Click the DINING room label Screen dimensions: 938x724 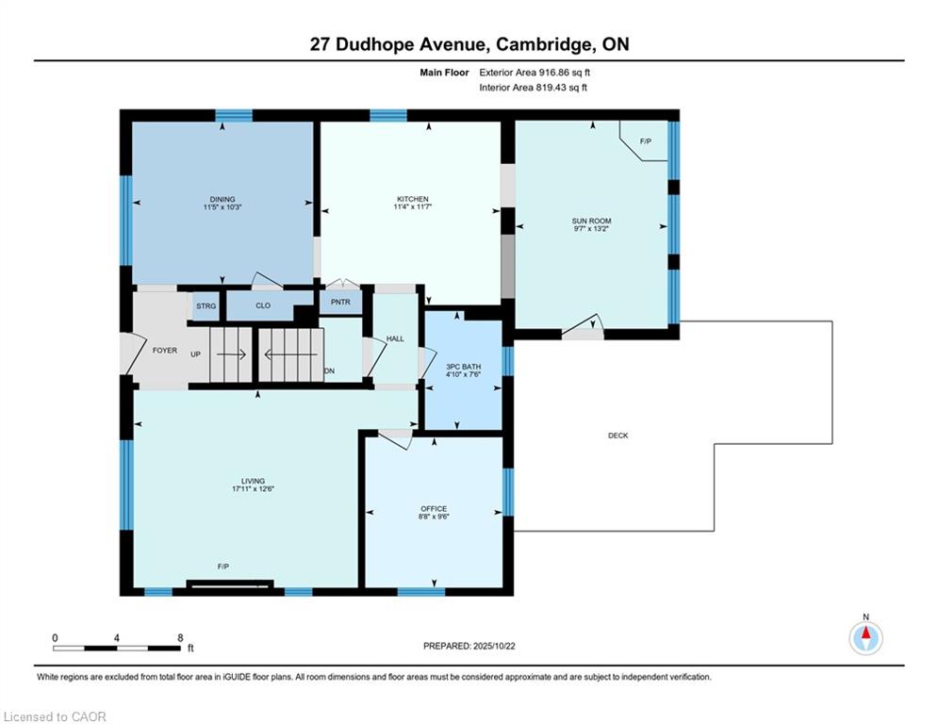click(x=222, y=199)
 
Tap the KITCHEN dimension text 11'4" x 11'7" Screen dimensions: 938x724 click(x=413, y=207)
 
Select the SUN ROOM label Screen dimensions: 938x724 click(x=591, y=221)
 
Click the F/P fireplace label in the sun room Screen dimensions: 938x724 click(x=646, y=141)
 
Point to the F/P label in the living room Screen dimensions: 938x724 click(x=223, y=567)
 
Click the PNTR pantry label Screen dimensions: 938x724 click(x=340, y=303)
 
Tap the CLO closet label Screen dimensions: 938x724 click(x=263, y=305)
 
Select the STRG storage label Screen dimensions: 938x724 click(x=206, y=306)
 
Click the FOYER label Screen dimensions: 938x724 click(x=165, y=351)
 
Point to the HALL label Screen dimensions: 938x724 click(x=395, y=338)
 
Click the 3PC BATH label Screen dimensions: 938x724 click(x=464, y=367)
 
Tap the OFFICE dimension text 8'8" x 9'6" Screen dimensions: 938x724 click(x=434, y=517)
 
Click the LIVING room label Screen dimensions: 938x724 click(x=253, y=481)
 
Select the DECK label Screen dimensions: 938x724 click(x=618, y=436)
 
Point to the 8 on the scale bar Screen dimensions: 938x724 click(x=180, y=638)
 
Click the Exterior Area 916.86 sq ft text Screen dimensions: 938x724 click(x=535, y=73)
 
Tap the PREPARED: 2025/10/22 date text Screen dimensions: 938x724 click(x=469, y=646)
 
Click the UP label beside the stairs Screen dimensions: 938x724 click(x=196, y=354)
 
